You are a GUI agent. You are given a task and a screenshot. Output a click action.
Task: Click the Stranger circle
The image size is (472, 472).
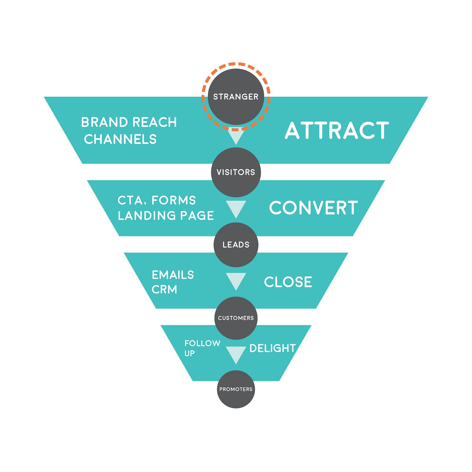pos(236,96)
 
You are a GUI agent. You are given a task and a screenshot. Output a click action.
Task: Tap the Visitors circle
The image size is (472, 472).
pos(236,172)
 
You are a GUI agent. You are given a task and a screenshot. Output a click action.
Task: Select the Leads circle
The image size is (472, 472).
pos(236,245)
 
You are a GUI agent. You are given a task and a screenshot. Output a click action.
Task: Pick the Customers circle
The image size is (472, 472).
pos(236,318)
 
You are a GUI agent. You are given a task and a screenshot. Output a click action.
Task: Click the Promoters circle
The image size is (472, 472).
pos(236,389)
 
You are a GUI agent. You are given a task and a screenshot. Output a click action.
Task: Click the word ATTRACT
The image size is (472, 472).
pos(337,131)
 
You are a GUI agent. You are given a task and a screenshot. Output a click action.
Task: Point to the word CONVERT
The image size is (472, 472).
pos(313,208)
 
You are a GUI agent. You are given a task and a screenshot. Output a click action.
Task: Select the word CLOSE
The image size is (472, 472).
pos(288,282)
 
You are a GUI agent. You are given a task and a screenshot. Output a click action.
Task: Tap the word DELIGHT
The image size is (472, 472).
pos(273,348)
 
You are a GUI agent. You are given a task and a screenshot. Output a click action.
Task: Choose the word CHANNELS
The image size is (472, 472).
pos(120,139)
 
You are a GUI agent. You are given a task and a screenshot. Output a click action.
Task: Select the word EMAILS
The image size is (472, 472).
pos(173,275)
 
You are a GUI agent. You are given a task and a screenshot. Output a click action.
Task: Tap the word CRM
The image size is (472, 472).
pos(164,289)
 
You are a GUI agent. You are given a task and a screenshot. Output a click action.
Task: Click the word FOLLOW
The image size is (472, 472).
pos(202,343)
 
